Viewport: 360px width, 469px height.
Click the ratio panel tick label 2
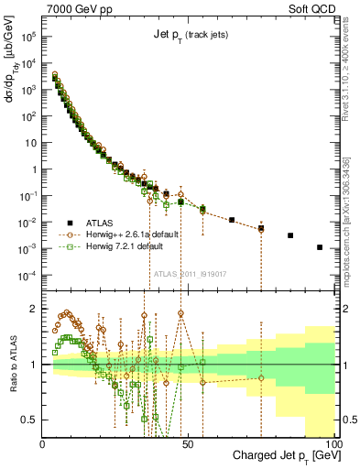pos(34,309)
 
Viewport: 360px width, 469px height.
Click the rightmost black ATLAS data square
pos(320,247)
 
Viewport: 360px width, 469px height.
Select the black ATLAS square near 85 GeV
pos(290,235)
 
